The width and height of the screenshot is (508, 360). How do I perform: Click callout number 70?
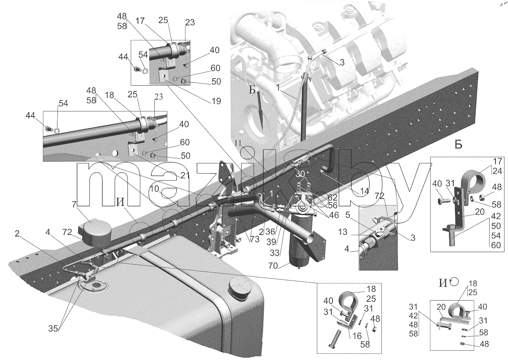(x=273, y=265)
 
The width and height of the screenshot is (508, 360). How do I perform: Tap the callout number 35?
(x=53, y=328)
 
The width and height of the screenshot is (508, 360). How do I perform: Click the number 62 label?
(x=332, y=197)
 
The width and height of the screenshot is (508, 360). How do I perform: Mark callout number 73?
(x=254, y=239)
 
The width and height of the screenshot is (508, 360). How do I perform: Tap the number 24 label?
(x=497, y=171)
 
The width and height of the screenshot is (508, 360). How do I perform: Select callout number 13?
(x=342, y=232)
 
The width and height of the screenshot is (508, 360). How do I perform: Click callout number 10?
(x=154, y=189)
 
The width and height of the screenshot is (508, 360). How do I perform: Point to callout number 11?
(x=238, y=143)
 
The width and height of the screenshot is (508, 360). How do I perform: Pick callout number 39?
(x=271, y=242)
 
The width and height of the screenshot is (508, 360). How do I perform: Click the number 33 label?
(x=274, y=253)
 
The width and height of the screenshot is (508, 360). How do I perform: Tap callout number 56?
(x=333, y=205)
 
